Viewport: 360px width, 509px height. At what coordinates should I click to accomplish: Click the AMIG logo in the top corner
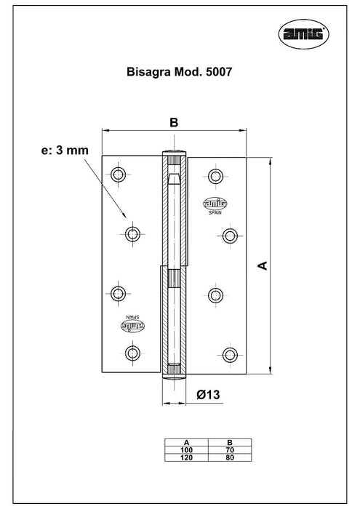[303, 34]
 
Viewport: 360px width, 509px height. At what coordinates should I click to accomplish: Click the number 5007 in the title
[219, 72]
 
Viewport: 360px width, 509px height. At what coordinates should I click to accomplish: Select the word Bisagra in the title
[148, 72]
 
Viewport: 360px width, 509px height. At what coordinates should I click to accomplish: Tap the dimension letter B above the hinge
[174, 123]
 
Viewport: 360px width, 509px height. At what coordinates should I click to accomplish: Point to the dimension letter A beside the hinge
[263, 265]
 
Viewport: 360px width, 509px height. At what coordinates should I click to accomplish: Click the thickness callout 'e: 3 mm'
[65, 151]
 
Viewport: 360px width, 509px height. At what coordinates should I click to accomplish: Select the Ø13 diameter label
[208, 395]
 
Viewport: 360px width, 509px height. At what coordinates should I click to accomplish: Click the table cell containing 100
[186, 450]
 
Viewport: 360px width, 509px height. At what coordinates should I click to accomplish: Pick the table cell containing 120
[186, 457]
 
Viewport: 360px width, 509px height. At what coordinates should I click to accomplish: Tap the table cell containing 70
[230, 450]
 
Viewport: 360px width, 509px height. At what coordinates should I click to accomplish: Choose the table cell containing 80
[230, 457]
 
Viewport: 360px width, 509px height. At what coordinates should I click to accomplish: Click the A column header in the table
[186, 442]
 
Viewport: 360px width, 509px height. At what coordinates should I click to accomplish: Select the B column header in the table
[230, 442]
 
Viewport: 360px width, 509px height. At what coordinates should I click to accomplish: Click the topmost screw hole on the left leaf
[118, 175]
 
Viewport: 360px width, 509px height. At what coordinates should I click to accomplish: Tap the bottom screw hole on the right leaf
[230, 355]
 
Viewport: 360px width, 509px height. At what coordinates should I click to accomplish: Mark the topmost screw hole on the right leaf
[215, 177]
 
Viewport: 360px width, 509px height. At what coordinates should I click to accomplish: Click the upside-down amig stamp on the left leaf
[133, 326]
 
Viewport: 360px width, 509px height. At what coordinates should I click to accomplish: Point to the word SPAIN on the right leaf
[215, 212]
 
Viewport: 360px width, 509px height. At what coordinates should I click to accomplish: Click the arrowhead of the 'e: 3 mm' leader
[124, 215]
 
